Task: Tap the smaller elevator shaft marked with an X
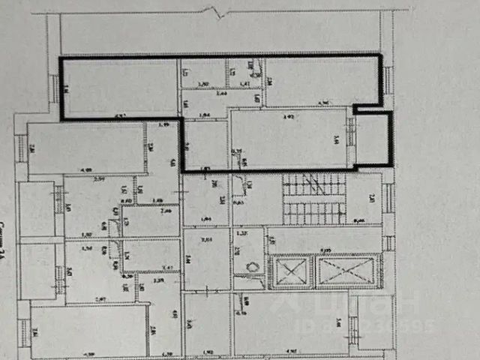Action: click(289, 271)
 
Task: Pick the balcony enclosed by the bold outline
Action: click(371, 139)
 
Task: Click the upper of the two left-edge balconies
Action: click(36, 208)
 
